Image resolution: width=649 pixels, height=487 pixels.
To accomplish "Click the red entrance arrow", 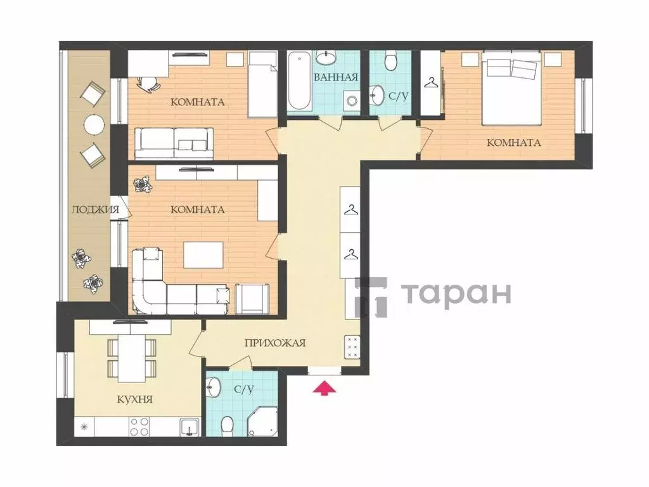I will (x=324, y=387).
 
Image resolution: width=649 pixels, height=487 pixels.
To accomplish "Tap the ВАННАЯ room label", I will (x=336, y=77).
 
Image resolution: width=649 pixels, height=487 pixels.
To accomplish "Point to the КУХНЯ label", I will (x=134, y=399).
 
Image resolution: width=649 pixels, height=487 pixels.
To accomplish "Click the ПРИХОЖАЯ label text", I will (x=275, y=343).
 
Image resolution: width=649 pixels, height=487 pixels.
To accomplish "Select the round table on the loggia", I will (x=94, y=125).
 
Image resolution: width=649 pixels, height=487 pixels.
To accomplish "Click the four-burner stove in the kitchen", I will (x=139, y=427).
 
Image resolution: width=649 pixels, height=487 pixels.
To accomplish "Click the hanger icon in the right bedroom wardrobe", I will (x=432, y=83).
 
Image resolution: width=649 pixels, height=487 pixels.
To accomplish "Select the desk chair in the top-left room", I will (x=146, y=82).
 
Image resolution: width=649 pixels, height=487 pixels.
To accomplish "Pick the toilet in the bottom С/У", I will (x=227, y=426).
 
